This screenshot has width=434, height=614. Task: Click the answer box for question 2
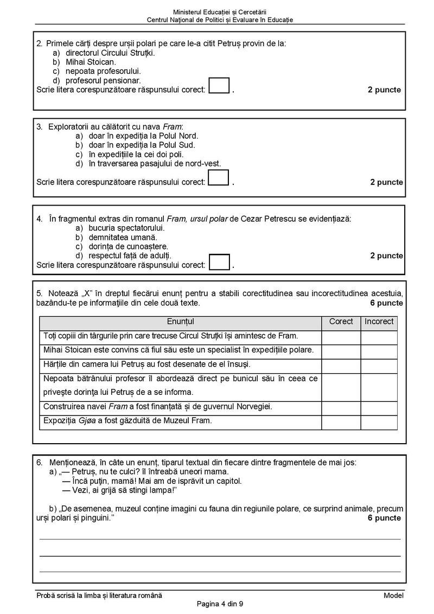coord(219,86)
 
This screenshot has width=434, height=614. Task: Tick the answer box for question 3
coord(219,178)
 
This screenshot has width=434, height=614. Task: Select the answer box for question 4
coord(219,261)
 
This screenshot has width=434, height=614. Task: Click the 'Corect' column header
coord(341,322)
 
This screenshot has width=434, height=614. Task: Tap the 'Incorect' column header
coord(379,322)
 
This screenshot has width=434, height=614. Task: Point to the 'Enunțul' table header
coord(180,322)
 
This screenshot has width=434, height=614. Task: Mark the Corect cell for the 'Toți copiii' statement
coord(341,337)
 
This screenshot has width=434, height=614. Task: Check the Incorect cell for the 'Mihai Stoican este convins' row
coord(379,351)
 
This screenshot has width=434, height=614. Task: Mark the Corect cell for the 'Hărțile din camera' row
coord(341,364)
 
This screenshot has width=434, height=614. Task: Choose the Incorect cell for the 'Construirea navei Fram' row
coord(379,407)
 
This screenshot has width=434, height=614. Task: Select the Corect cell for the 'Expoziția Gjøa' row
coord(341,421)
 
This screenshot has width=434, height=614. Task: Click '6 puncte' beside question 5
coord(386,303)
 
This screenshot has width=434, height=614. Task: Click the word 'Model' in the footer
coord(393,596)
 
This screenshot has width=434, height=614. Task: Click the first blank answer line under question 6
coord(220,539)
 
